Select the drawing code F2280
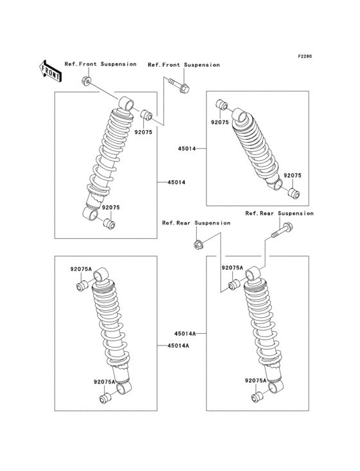[304, 57]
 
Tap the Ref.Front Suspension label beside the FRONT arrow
[100, 64]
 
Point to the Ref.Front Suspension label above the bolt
[184, 65]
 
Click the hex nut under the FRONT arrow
[86, 80]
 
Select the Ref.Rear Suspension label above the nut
[196, 223]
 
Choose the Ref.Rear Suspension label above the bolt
[279, 213]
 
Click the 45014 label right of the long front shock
[176, 183]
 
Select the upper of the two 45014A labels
[184, 333]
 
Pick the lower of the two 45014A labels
[177, 346]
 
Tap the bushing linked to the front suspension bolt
[147, 116]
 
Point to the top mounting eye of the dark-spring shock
[240, 116]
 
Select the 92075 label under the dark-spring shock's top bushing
[220, 122]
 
